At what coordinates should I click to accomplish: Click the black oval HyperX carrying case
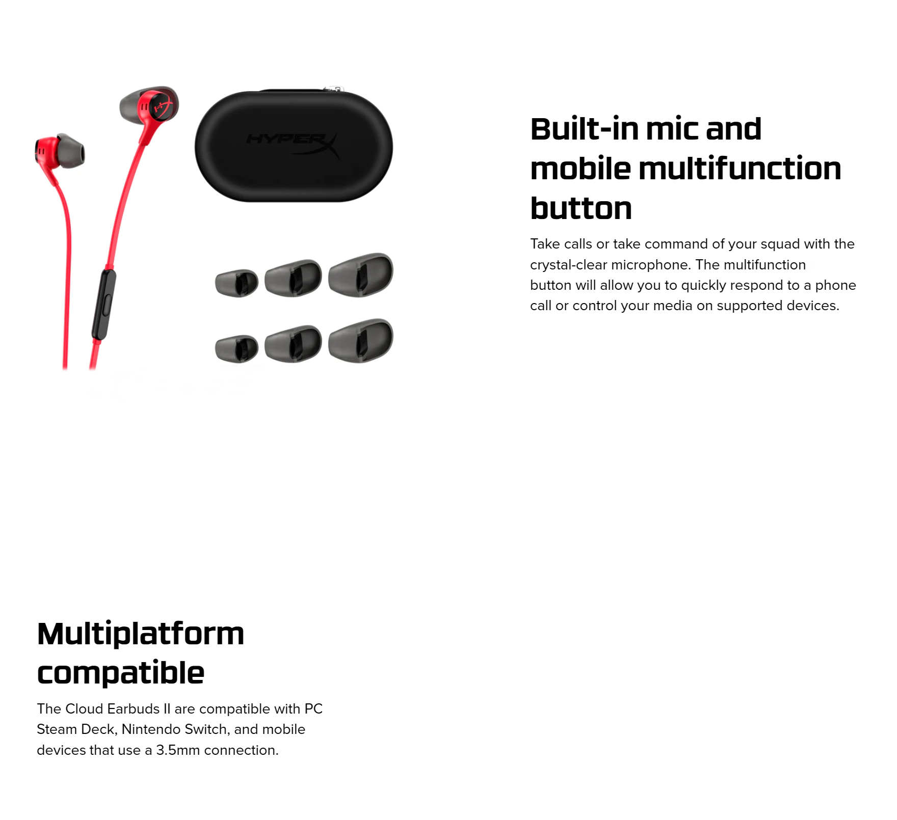pyautogui.click(x=294, y=146)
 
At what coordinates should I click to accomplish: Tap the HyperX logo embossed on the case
pyautogui.click(x=293, y=143)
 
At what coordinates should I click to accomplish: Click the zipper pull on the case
pyautogui.click(x=334, y=90)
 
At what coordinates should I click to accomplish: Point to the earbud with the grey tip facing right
pyautogui.click(x=60, y=152)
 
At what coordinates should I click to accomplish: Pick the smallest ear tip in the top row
pyautogui.click(x=236, y=283)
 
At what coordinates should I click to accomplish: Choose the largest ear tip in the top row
pyautogui.click(x=361, y=275)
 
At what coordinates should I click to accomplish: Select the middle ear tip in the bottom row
pyautogui.click(x=293, y=344)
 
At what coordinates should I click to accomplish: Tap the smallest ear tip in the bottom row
pyautogui.click(x=236, y=348)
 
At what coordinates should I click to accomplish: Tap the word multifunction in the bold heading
pyautogui.click(x=740, y=168)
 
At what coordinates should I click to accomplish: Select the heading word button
pyautogui.click(x=581, y=208)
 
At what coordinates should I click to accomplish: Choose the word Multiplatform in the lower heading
pyautogui.click(x=141, y=634)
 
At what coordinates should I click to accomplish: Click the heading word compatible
pyautogui.click(x=121, y=673)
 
